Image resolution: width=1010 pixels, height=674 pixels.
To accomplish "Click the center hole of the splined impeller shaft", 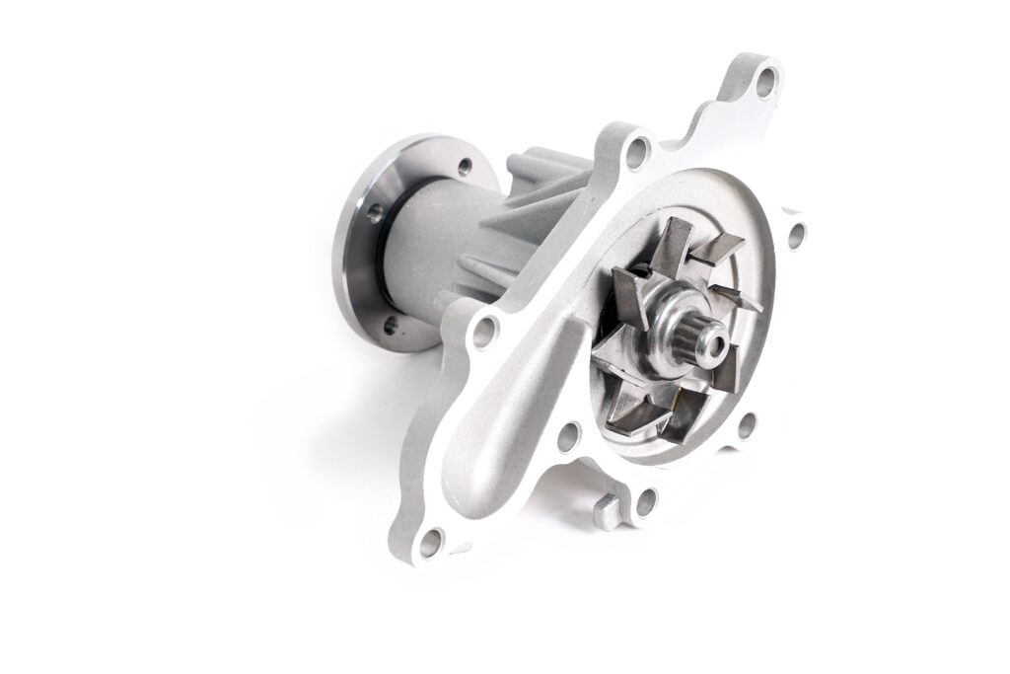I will pos(713,344).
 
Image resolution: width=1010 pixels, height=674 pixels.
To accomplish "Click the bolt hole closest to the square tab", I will pos(645,502).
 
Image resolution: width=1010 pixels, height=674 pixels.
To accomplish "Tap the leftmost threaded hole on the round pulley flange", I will pos(374,210).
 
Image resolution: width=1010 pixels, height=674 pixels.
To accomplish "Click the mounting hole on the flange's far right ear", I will pos(796,236).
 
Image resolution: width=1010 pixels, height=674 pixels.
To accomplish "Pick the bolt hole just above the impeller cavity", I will pos(639,151).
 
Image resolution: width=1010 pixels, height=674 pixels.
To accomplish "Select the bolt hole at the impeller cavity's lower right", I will pos(747,426).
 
